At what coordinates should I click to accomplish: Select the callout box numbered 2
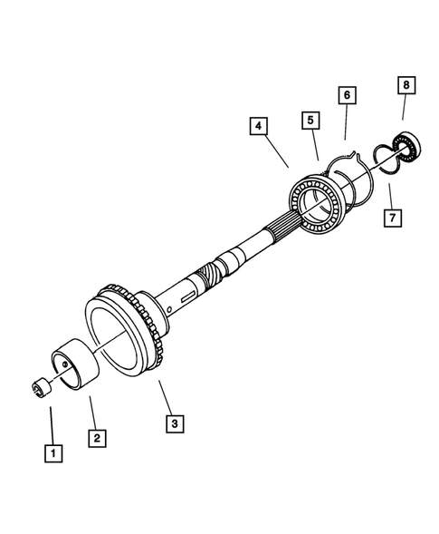tap(97, 437)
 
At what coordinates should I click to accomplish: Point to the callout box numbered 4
tap(260, 126)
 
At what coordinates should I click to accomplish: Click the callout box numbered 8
tap(406, 85)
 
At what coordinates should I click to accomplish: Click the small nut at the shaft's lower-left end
tap(38, 388)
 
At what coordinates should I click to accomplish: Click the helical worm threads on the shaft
tap(207, 273)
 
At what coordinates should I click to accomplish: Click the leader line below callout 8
tap(404, 109)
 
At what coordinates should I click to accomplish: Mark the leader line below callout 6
tap(347, 121)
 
